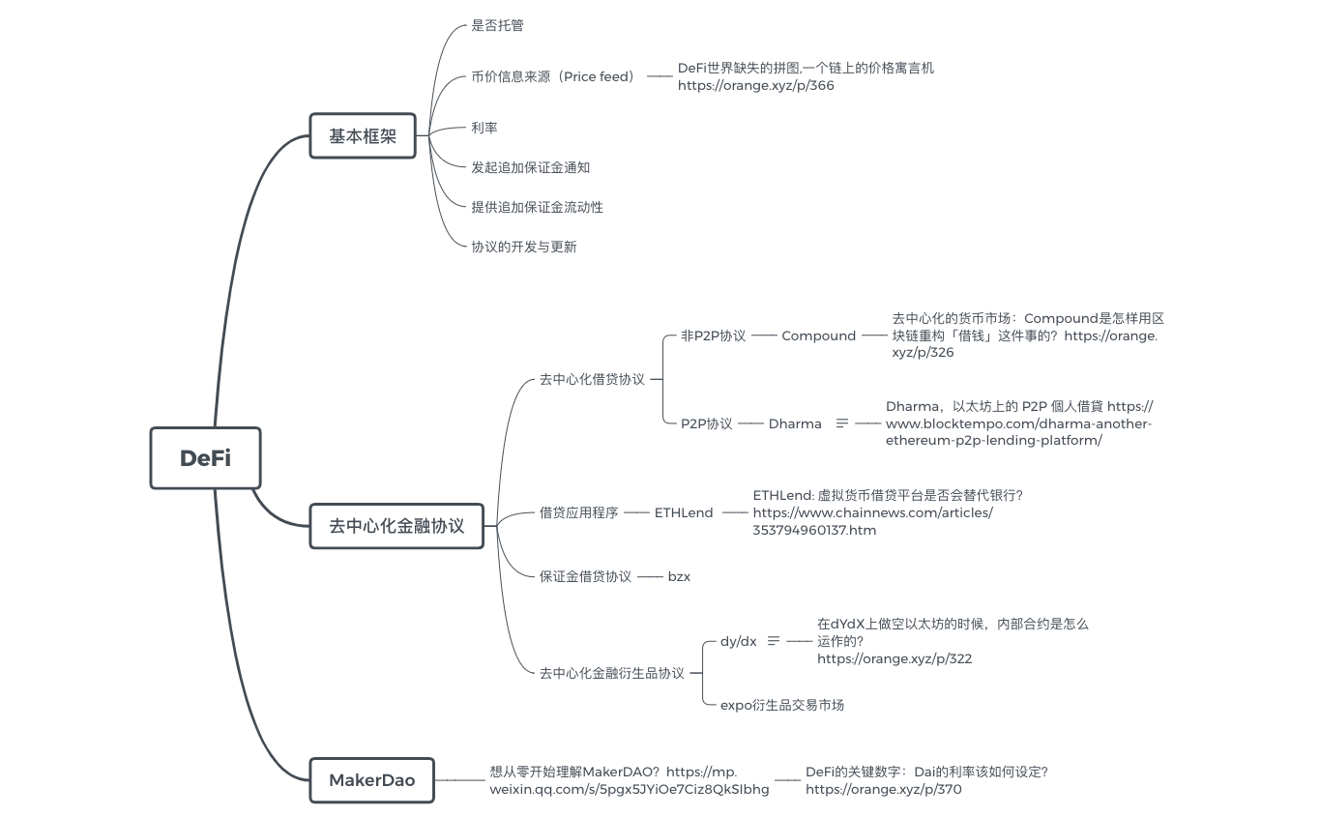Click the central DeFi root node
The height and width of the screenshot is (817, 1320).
click(x=205, y=457)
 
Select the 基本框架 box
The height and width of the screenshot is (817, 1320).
click(x=362, y=136)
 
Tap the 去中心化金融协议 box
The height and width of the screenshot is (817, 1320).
click(x=396, y=526)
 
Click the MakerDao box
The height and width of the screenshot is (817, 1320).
click(x=371, y=779)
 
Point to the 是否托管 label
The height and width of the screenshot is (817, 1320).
click(x=497, y=25)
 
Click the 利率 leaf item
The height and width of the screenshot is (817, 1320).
click(x=484, y=128)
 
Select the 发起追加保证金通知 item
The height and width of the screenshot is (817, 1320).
click(x=530, y=167)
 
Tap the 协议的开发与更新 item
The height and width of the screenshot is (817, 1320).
click(x=523, y=247)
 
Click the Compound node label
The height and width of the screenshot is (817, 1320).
click(x=818, y=336)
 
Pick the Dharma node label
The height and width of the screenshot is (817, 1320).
click(x=795, y=423)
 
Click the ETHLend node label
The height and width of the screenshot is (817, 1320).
click(x=684, y=512)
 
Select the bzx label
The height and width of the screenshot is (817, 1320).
click(x=679, y=576)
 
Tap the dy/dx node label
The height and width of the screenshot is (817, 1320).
click(x=738, y=641)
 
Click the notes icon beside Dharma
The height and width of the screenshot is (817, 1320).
click(x=841, y=423)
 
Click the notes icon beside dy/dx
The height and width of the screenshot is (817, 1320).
click(x=773, y=641)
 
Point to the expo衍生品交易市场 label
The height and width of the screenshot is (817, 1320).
click(x=781, y=705)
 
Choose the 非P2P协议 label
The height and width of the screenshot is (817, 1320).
click(x=713, y=336)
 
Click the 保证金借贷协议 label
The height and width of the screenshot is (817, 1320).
click(x=585, y=576)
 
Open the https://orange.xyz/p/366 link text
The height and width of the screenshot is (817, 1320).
click(x=755, y=85)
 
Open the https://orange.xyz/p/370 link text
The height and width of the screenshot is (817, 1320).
click(x=883, y=789)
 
